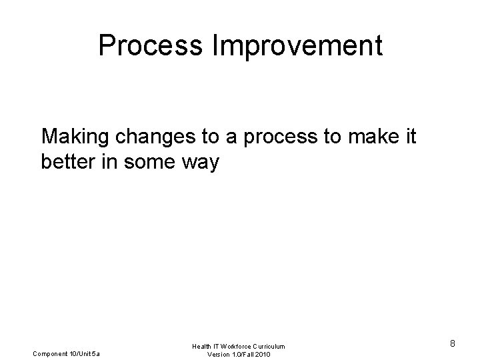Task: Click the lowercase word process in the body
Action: tap(285, 139)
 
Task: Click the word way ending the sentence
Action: tap(200, 163)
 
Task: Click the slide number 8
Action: tap(452, 344)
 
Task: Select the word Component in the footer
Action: tap(50, 353)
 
